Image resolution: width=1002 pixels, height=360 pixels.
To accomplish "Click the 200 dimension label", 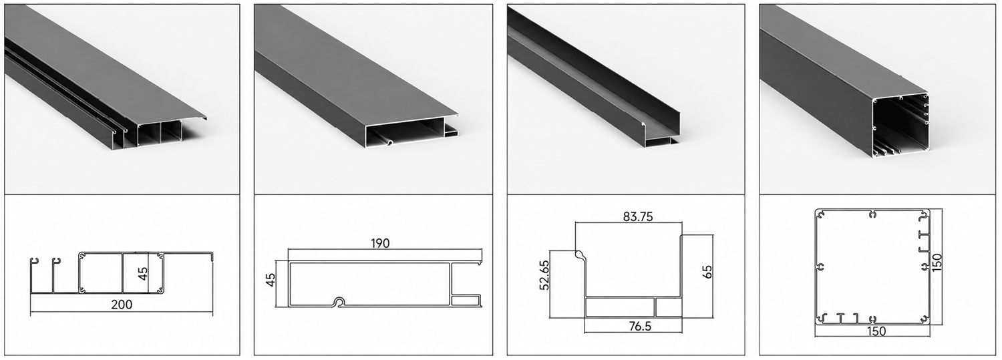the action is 122,305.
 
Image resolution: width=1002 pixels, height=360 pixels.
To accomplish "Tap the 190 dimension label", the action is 380,243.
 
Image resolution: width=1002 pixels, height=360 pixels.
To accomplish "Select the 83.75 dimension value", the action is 638,216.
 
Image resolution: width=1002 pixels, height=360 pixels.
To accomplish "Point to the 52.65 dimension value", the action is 544,275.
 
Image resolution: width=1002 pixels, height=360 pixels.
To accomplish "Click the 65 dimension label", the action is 707,272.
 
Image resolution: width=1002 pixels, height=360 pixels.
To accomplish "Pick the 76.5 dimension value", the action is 640,327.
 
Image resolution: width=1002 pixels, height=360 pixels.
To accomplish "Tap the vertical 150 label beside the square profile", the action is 937,262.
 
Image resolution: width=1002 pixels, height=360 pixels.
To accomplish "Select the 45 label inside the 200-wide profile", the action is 142,274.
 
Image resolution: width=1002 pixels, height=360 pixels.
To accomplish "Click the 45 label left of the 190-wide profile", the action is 270,280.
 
